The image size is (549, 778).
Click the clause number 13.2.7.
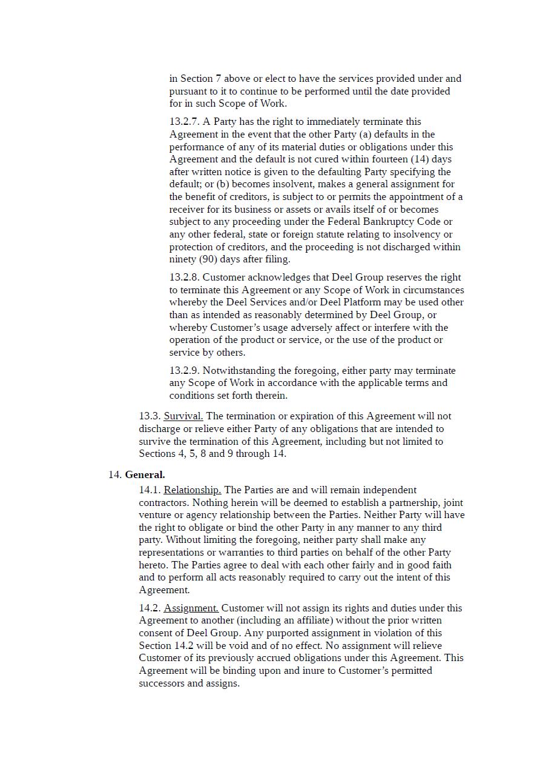pyautogui.click(x=184, y=122)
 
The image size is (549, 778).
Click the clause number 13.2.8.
pyautogui.click(x=184, y=278)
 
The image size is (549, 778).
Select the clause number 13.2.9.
pyautogui.click(x=184, y=371)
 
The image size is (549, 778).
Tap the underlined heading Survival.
pyautogui.click(x=183, y=416)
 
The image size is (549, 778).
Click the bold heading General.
pyautogui.click(x=145, y=474)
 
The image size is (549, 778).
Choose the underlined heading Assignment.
pyautogui.click(x=191, y=608)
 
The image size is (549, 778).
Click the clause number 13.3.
pyautogui.click(x=150, y=416)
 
